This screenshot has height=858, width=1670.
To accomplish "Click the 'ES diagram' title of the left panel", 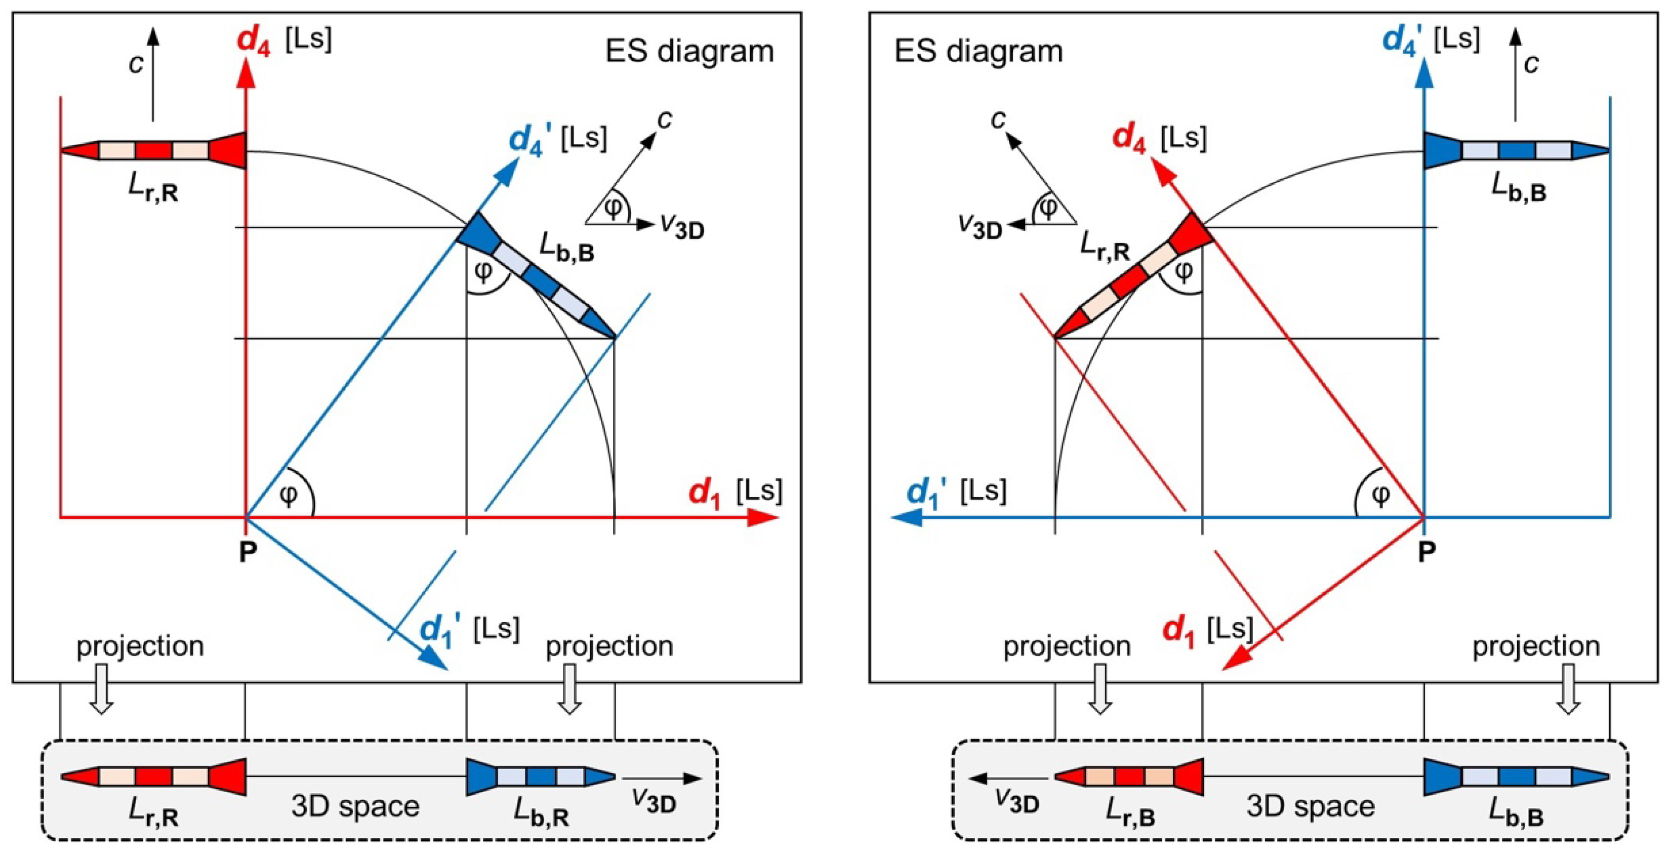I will (x=689, y=51).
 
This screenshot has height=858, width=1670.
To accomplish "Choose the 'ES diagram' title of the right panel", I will (x=979, y=51).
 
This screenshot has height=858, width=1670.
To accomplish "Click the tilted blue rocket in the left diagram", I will (x=537, y=275).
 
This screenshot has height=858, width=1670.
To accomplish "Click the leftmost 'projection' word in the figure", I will (x=140, y=646).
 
